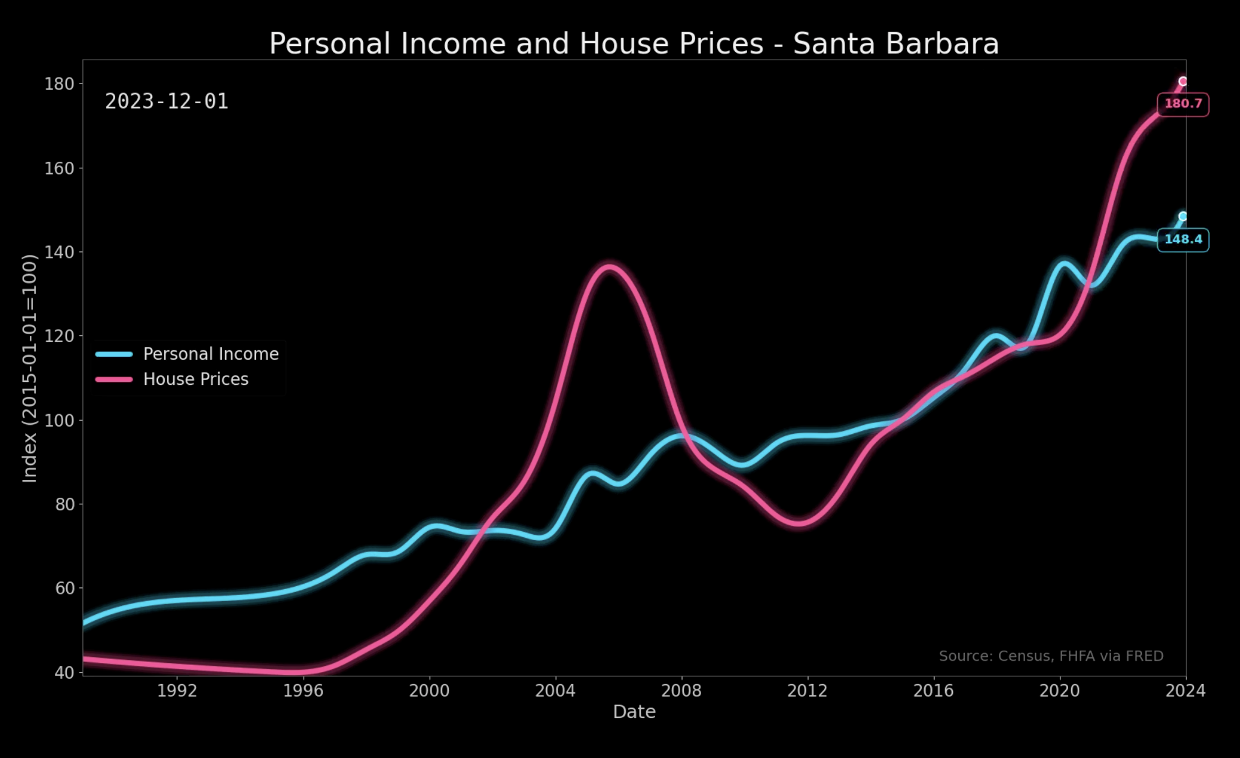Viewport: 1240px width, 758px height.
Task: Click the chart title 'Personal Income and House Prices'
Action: pyautogui.click(x=516, y=44)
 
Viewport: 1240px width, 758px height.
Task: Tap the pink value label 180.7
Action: pyautogui.click(x=1183, y=104)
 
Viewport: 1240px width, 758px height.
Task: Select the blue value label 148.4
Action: pyautogui.click(x=1183, y=239)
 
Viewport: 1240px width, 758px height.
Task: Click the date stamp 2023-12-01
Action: pyautogui.click(x=166, y=101)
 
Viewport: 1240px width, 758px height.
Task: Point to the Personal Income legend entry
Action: pyautogui.click(x=210, y=354)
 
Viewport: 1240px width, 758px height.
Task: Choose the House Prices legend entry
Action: pyautogui.click(x=195, y=379)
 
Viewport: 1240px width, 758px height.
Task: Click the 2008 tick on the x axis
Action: pyautogui.click(x=681, y=691)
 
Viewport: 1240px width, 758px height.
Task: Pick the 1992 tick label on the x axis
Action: pyautogui.click(x=177, y=691)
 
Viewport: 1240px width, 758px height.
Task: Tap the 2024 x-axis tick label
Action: pyautogui.click(x=1185, y=691)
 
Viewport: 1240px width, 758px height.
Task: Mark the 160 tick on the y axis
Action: pyautogui.click(x=59, y=168)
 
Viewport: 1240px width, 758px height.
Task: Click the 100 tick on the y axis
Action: pyautogui.click(x=59, y=420)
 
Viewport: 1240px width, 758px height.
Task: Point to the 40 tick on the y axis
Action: pyautogui.click(x=64, y=673)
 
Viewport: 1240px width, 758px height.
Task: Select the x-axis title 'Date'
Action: pyautogui.click(x=634, y=711)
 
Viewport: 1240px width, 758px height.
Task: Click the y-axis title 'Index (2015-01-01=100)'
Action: pyautogui.click(x=30, y=368)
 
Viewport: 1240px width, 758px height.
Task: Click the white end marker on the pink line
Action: pyautogui.click(x=1182, y=81)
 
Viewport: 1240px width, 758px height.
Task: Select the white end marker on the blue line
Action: pyautogui.click(x=1182, y=216)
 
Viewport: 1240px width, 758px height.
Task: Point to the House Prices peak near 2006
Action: pyautogui.click(x=608, y=267)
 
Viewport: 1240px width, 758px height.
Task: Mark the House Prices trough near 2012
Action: pyautogui.click(x=798, y=522)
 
